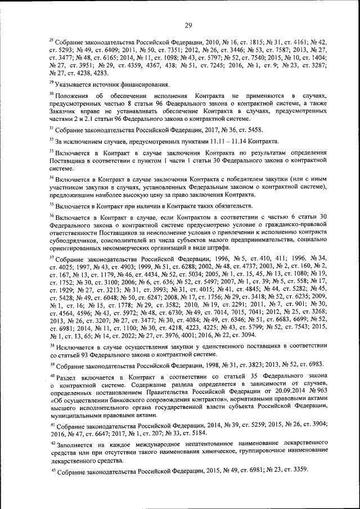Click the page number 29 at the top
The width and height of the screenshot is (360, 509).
[x=188, y=24]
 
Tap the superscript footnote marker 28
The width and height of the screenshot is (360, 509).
[x=52, y=40]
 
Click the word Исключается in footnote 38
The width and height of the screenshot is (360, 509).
[x=75, y=348]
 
